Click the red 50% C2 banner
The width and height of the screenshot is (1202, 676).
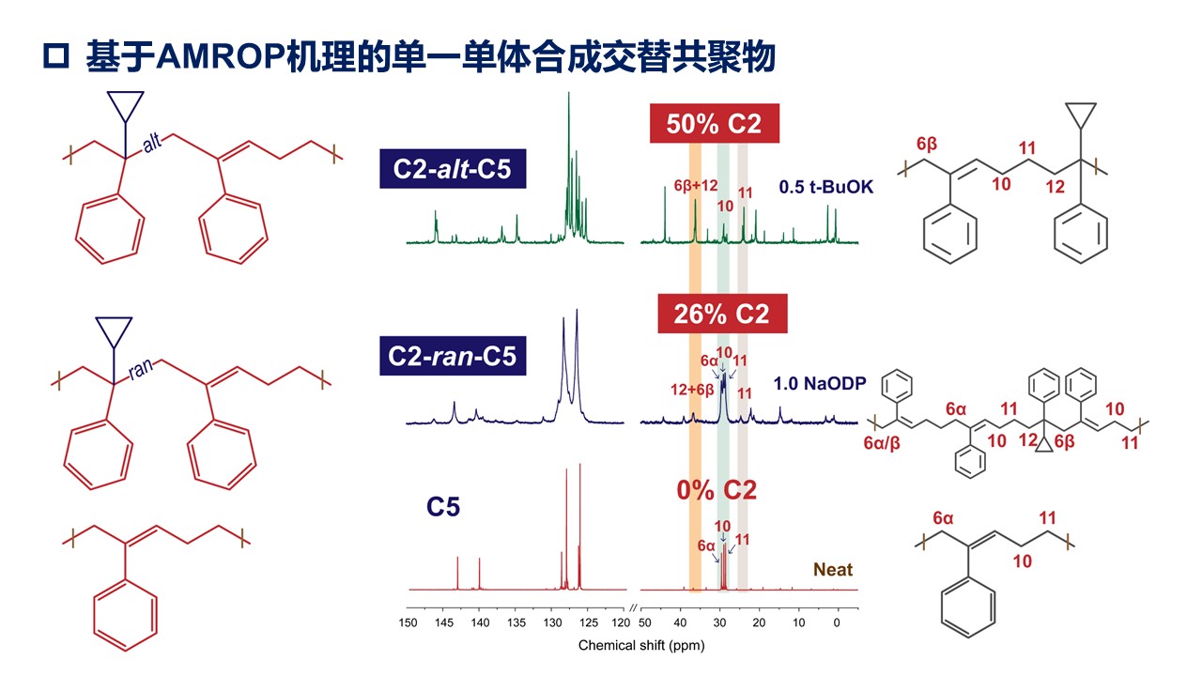pyautogui.click(x=714, y=123)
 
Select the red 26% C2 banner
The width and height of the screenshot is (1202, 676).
pyautogui.click(x=722, y=314)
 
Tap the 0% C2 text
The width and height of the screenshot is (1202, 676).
pyautogui.click(x=717, y=490)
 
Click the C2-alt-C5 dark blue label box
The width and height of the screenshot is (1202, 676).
pyautogui.click(x=453, y=170)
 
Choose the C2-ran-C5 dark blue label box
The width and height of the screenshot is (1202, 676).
pyautogui.click(x=453, y=356)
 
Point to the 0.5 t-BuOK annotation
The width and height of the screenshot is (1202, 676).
pyautogui.click(x=826, y=188)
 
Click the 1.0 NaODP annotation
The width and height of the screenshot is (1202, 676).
pyautogui.click(x=819, y=383)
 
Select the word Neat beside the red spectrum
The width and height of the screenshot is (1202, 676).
pyautogui.click(x=833, y=570)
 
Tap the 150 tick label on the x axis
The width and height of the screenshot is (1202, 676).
pyautogui.click(x=408, y=622)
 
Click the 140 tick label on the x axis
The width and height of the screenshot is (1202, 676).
pyautogui.click(x=479, y=622)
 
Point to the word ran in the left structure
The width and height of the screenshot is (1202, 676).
pyautogui.click(x=140, y=369)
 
